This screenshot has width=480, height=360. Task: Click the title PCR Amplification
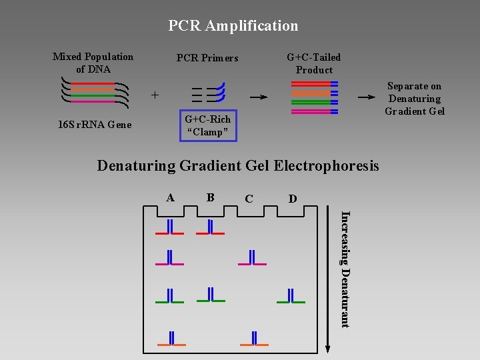tap(233, 26)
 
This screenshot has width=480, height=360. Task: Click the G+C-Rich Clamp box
tap(208, 110)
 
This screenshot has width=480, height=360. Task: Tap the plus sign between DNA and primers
tap(155, 95)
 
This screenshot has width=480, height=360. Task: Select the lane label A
tap(170, 198)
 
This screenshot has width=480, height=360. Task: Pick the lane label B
tap(210, 197)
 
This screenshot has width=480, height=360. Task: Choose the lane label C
tap(249, 199)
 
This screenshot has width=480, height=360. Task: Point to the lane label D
tap(293, 199)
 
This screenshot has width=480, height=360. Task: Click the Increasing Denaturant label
tap(345, 269)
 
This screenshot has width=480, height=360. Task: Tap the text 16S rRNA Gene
tap(95, 125)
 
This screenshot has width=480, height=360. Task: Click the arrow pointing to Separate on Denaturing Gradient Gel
tap(367, 97)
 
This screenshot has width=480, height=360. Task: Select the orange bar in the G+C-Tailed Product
tap(315, 93)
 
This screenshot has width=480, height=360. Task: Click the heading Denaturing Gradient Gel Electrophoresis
tap(238, 166)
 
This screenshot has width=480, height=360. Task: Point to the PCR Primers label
tap(207, 58)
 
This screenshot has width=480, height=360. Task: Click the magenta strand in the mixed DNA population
tap(93, 101)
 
